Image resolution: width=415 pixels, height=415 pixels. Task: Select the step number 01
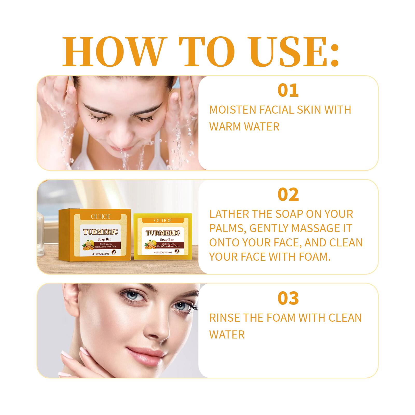point(288,90)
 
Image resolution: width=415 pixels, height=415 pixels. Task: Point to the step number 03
point(288,298)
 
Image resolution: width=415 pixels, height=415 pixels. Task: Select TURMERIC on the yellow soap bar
point(163,233)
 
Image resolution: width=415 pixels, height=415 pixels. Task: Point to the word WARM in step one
point(225,127)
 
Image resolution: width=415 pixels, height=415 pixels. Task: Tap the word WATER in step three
point(227,335)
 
